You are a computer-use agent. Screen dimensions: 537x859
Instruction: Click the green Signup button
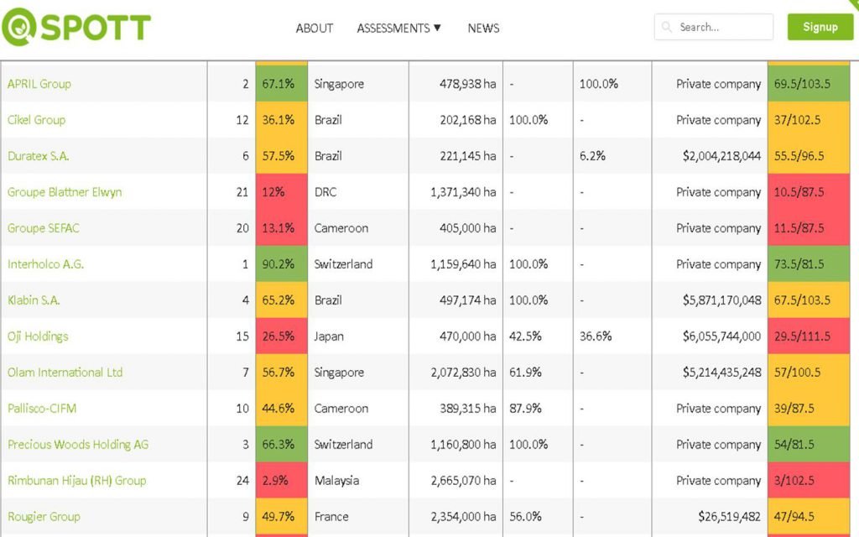coord(820,27)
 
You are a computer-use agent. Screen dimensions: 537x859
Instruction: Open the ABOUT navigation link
coord(315,29)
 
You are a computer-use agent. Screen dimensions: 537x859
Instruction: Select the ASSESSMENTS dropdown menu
coord(398,29)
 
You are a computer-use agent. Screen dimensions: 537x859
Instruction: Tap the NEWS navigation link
coord(483,29)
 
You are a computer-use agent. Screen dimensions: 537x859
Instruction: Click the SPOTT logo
coord(76,29)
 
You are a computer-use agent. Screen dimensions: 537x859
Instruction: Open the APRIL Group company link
coord(39,84)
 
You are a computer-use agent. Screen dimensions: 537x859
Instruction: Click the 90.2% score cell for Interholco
coord(281,264)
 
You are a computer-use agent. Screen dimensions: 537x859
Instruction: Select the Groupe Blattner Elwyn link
coord(65,192)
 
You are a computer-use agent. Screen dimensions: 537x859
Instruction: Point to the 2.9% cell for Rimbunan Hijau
coord(281,481)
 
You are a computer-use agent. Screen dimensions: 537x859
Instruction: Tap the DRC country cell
coord(325,192)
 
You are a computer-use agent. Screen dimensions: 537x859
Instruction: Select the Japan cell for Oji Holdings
coord(329,336)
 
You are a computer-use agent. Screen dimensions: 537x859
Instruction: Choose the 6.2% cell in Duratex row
coord(592,156)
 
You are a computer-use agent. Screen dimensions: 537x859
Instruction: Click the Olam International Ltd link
coord(65,373)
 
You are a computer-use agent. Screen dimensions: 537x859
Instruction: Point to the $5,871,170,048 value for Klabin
coord(721,300)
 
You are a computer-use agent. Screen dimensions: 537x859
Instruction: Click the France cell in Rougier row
coord(331,517)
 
